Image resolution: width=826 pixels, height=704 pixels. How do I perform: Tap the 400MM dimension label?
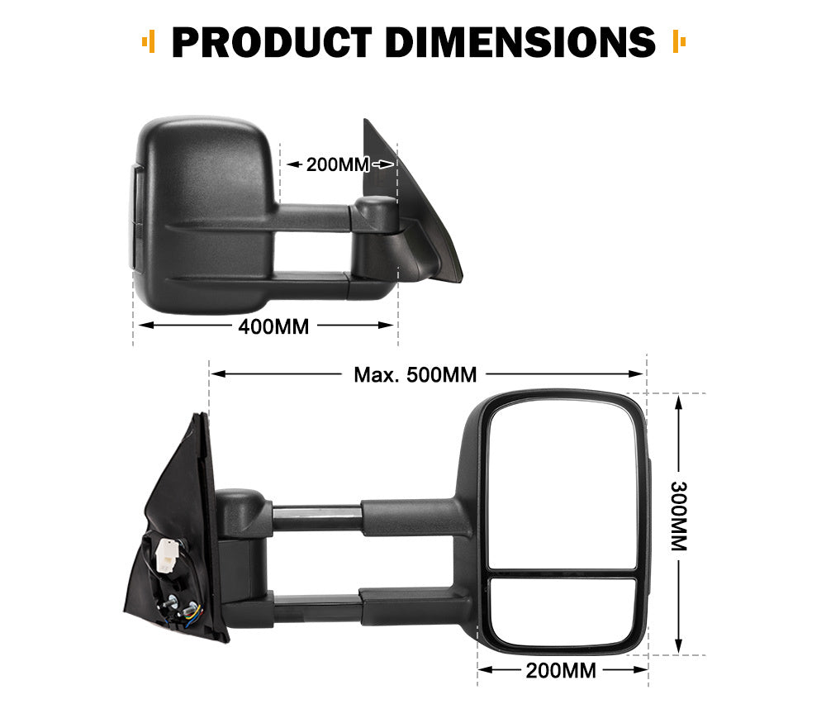tap(273, 326)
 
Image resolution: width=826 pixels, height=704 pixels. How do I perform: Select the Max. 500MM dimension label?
tap(415, 374)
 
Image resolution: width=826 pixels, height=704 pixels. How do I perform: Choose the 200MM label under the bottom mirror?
tap(561, 670)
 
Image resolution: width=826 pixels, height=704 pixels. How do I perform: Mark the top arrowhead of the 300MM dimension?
tap(678, 402)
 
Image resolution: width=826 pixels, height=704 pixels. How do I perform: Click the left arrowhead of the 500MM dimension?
tap(216, 374)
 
